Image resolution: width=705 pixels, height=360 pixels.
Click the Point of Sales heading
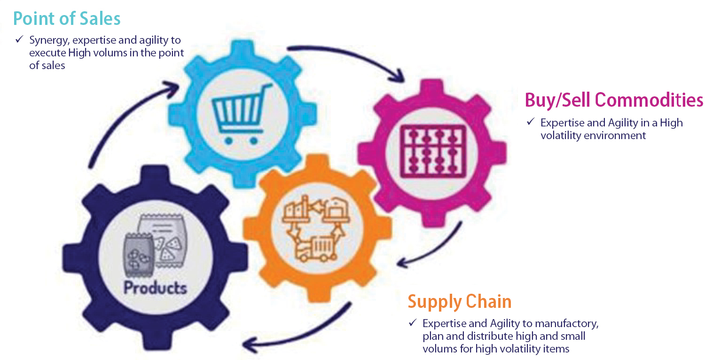[67, 18]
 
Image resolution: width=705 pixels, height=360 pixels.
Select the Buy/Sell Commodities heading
[614, 100]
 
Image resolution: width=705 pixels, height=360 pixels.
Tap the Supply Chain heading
[459, 301]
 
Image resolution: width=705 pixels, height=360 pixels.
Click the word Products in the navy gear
[155, 287]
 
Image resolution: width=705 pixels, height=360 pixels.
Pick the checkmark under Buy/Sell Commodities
[530, 122]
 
